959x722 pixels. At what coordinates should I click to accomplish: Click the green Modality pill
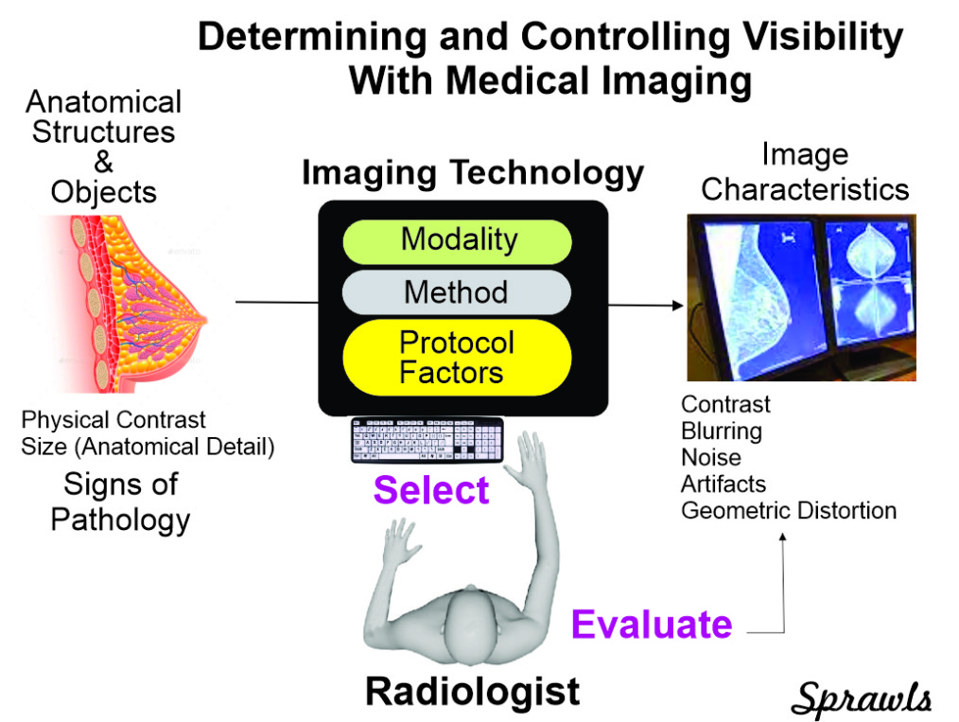coord(457,241)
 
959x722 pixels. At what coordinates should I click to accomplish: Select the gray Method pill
coord(457,292)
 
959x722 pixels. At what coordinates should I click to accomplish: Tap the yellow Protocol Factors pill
coord(457,358)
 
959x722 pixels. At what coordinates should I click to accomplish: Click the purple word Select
coord(431,489)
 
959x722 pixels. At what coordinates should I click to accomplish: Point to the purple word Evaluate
coord(652,625)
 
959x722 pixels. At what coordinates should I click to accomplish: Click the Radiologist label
coord(472,692)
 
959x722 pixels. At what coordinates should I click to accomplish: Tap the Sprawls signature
coord(862,697)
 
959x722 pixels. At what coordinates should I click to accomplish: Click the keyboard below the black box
coord(427,440)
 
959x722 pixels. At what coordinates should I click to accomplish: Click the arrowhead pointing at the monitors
coord(678,306)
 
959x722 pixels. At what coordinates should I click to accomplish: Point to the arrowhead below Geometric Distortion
coord(782,537)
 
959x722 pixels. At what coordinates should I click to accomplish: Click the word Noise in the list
coord(710,458)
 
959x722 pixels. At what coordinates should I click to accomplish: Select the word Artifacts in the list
coord(724,484)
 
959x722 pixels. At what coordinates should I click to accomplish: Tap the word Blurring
coord(722,431)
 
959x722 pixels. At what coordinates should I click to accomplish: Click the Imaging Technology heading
coord(473,173)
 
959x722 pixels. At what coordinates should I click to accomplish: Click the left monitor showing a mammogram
coord(761,300)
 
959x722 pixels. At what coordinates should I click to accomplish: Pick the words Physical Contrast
coord(113,420)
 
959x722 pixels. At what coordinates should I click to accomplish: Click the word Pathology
coord(120,520)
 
